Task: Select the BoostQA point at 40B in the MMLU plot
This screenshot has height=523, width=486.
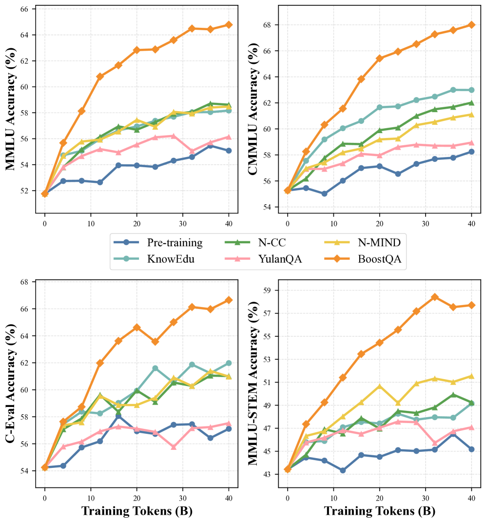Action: point(229,24)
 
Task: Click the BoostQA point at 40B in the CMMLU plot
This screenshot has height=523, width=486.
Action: point(471,24)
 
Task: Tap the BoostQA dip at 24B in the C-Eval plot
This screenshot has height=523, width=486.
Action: point(155,342)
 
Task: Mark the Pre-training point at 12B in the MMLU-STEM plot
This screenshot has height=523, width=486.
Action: point(343,470)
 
